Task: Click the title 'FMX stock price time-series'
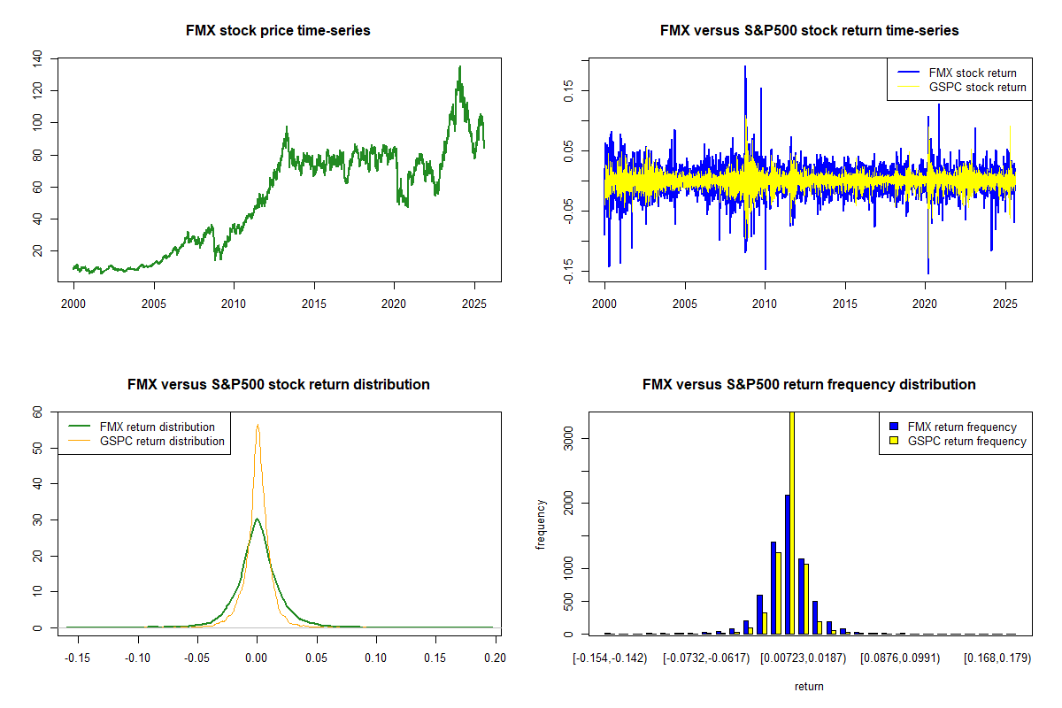[278, 31]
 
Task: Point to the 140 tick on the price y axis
[36, 59]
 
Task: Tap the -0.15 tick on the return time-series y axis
[569, 266]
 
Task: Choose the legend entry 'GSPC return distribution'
[162, 441]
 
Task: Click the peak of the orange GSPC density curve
[258, 425]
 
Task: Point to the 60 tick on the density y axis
[36, 412]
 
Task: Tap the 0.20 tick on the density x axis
[495, 658]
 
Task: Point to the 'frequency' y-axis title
[541, 524]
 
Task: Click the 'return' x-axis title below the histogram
[809, 686]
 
